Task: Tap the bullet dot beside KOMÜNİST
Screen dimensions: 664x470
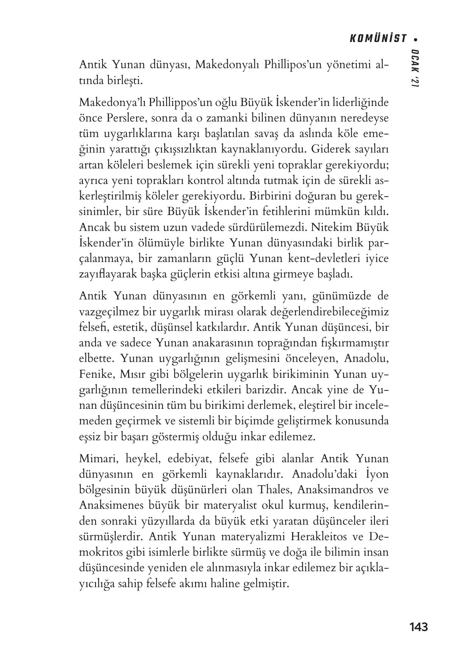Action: point(416,39)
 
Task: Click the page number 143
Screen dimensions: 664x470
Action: point(418,627)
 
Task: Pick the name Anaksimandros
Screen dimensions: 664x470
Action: point(334,489)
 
